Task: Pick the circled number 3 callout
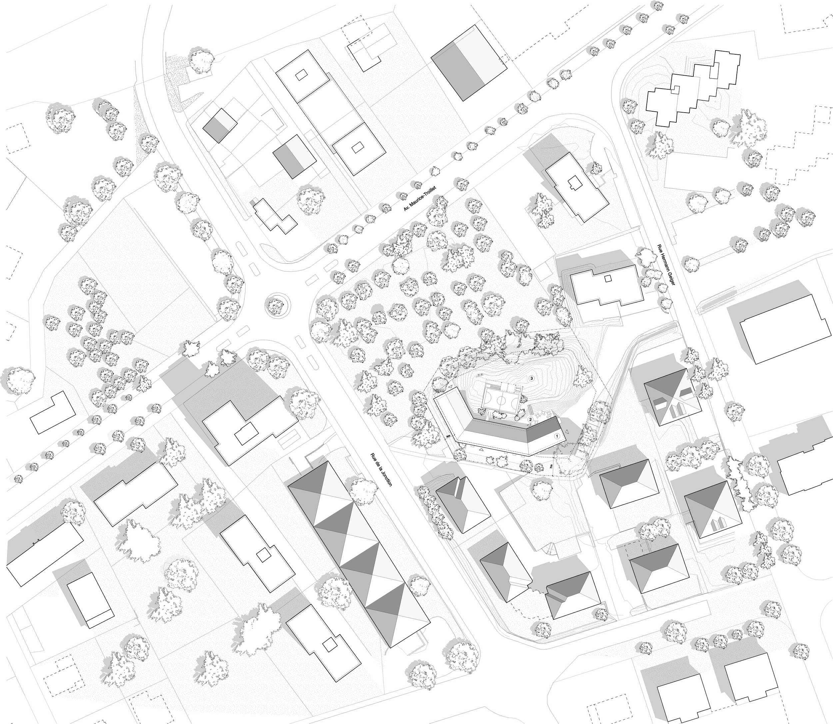click(x=532, y=378)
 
